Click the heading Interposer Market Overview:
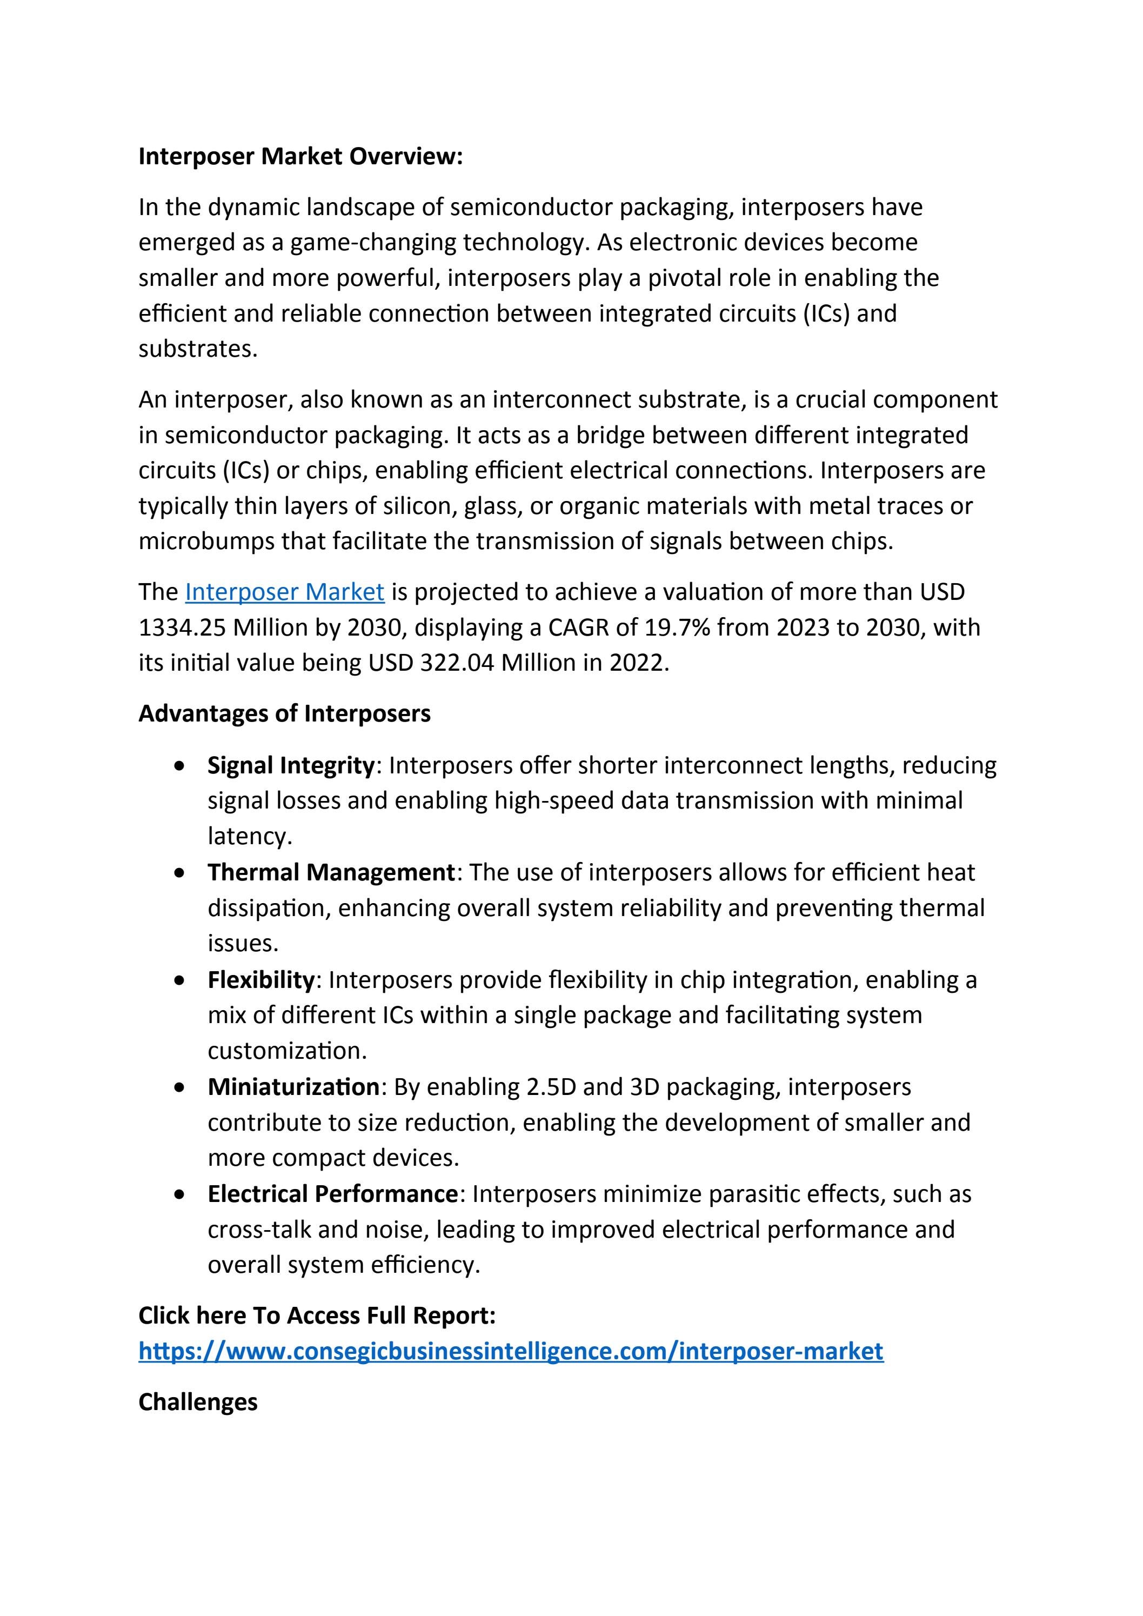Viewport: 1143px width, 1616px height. (x=300, y=156)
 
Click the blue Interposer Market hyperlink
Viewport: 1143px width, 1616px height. (x=284, y=592)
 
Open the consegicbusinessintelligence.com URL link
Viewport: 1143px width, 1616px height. (x=510, y=1351)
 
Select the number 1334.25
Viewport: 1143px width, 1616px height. (x=182, y=627)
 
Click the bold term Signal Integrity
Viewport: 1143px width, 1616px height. (x=291, y=765)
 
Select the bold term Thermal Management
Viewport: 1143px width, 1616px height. (x=331, y=872)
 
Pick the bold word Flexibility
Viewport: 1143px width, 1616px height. (x=260, y=980)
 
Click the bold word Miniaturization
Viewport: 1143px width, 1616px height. (x=293, y=1087)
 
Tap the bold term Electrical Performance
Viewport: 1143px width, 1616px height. (x=333, y=1194)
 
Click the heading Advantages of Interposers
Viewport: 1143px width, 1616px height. (x=284, y=713)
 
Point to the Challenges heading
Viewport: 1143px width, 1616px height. (x=198, y=1402)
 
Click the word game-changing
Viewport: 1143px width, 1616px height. (x=372, y=243)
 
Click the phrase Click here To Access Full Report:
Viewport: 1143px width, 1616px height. (x=317, y=1315)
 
